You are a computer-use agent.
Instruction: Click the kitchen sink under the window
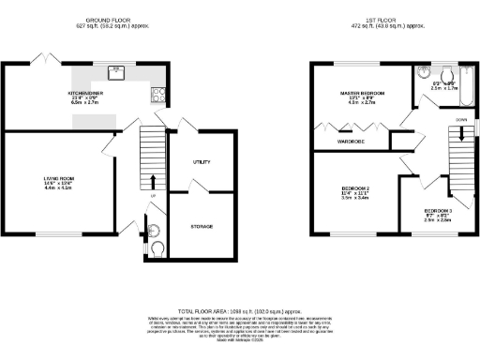pyautogui.click(x=117, y=69)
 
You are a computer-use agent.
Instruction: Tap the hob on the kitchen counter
pyautogui.click(x=157, y=93)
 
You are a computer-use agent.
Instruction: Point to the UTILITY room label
pyautogui.click(x=202, y=162)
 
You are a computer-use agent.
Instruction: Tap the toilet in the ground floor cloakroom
pyautogui.click(x=157, y=248)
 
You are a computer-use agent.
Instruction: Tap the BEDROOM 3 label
pyautogui.click(x=438, y=210)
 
